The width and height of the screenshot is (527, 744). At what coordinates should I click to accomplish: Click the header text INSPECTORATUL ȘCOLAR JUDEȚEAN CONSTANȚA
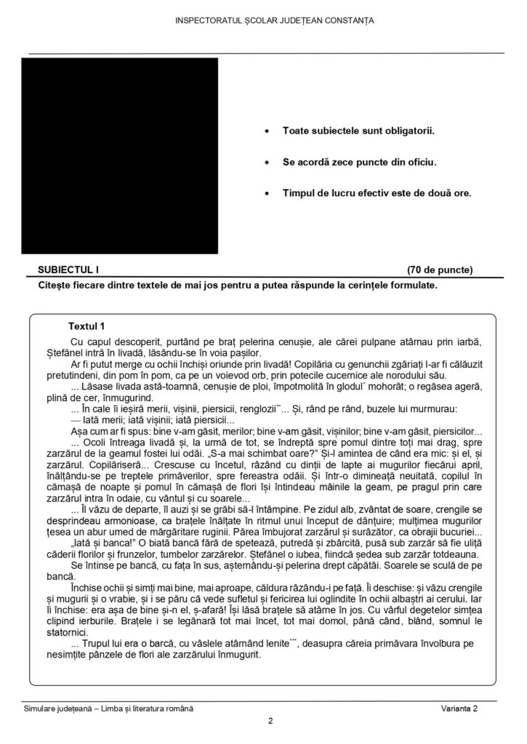pyautogui.click(x=275, y=20)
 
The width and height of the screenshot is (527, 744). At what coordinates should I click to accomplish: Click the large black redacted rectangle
pyautogui.click(x=120, y=155)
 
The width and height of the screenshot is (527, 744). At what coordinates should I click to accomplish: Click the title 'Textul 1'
pyautogui.click(x=87, y=326)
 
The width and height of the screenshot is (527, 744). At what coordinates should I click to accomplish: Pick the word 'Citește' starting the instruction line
pyautogui.click(x=55, y=286)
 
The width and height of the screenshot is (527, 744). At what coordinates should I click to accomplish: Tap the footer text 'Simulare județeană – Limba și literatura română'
pyautogui.click(x=108, y=708)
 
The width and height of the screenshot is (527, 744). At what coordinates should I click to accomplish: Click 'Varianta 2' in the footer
pyautogui.click(x=458, y=708)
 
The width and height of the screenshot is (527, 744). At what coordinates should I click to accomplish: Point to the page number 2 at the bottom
pyautogui.click(x=270, y=721)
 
